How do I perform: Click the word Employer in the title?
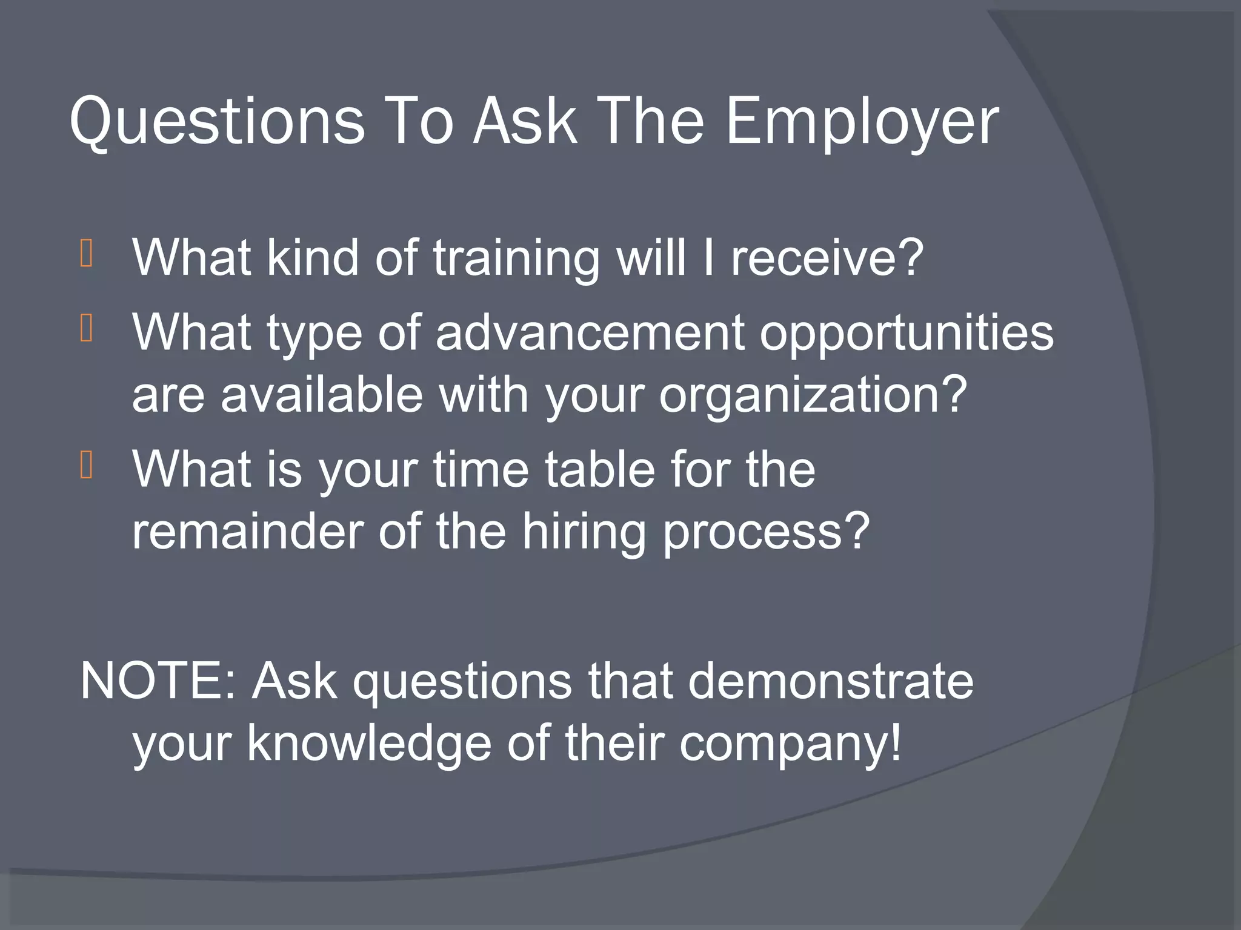pos(861,123)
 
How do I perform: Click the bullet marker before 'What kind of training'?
pos(86,254)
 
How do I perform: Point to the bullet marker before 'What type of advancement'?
pos(86,329)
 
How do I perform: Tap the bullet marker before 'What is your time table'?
pos(86,466)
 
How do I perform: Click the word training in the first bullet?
pos(516,259)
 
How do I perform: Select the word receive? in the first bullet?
pos(827,258)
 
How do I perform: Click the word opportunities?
pos(907,335)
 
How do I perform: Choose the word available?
pos(321,394)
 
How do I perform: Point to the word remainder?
pos(247,531)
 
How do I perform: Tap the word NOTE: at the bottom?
pos(159,681)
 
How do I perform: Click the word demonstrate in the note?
pos(830,681)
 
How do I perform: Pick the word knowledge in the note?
pos(369,744)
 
